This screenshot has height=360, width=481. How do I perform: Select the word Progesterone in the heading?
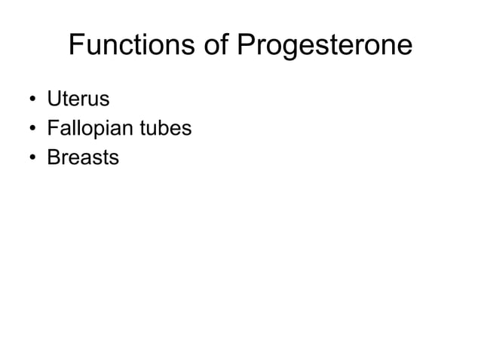click(326, 47)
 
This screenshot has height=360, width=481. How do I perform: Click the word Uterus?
click(78, 99)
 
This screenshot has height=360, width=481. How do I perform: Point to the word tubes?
click(168, 128)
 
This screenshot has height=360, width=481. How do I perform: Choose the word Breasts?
click(83, 157)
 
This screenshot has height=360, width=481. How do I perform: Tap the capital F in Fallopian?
click(52, 128)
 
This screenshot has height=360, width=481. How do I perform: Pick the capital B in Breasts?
click(53, 157)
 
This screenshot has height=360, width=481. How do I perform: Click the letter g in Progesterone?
click(291, 49)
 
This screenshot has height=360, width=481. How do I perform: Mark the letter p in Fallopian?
click(98, 131)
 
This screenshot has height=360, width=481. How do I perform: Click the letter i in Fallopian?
click(107, 128)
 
